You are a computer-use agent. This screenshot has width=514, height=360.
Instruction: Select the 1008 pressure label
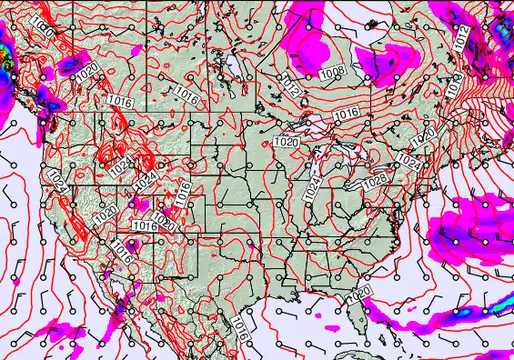point(333,71)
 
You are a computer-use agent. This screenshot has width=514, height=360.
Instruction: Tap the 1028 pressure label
point(374,182)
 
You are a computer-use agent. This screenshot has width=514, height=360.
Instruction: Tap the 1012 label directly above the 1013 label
point(463,36)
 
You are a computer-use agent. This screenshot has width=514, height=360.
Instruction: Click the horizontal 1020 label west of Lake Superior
point(286,142)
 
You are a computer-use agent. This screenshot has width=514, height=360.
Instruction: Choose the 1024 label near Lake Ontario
point(409,163)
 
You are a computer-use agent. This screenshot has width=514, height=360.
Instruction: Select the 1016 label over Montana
point(186,95)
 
